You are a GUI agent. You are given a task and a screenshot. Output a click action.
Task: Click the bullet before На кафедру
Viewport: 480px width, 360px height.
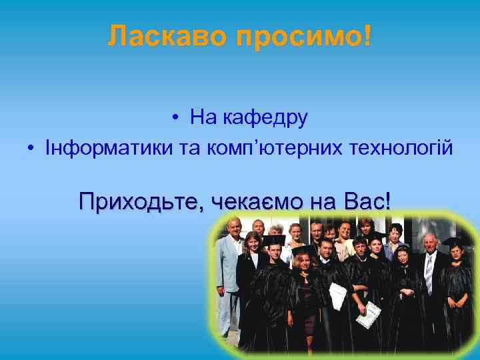pyautogui.click(x=173, y=119)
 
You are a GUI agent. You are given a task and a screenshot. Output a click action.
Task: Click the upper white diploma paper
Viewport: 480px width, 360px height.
pyautogui.click(x=339, y=294)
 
